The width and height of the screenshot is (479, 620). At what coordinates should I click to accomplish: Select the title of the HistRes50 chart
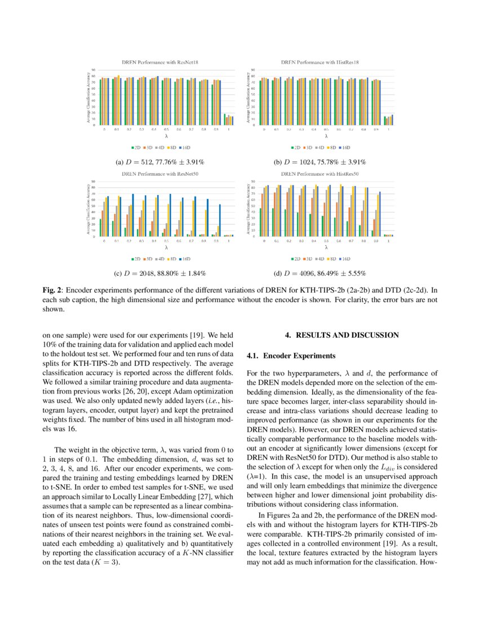click(320, 174)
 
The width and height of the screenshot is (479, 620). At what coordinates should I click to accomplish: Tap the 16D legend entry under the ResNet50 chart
click(187, 259)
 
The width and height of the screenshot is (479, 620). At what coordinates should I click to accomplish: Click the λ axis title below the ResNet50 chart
click(166, 247)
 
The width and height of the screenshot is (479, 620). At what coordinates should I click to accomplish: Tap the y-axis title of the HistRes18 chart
click(248, 98)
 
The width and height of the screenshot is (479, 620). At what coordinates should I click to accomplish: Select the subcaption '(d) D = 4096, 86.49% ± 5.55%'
click(320, 273)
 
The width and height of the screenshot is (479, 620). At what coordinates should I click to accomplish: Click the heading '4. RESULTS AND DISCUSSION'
click(342, 335)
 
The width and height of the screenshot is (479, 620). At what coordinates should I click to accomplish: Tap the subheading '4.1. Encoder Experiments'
click(291, 356)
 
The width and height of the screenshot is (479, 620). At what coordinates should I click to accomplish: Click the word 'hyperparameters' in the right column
click(306, 373)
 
